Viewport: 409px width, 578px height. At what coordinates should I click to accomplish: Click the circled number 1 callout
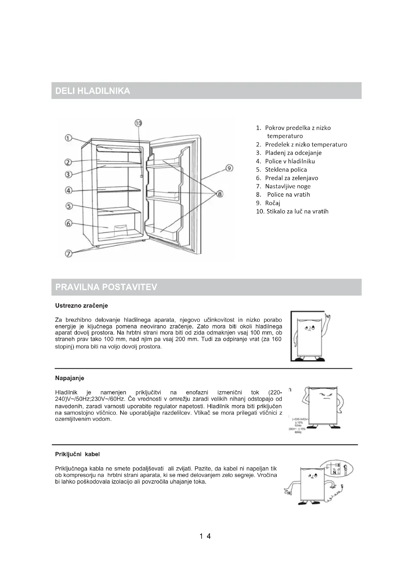[68, 138]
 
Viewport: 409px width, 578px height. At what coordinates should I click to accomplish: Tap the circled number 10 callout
[138, 123]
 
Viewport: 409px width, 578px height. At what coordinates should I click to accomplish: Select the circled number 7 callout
[68, 254]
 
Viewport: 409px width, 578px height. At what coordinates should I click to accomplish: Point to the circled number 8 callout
[220, 194]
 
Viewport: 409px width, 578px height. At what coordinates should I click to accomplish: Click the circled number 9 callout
[229, 168]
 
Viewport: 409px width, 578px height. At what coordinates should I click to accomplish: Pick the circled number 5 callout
[69, 206]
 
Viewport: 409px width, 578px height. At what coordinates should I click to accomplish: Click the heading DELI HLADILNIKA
[93, 91]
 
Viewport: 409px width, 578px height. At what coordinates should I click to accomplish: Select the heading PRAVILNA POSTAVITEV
[106, 287]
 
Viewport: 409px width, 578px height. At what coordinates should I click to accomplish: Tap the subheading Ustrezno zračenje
[81, 306]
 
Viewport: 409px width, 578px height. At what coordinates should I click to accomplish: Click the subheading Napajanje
[69, 378]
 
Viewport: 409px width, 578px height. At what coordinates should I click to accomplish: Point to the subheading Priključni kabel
[77, 454]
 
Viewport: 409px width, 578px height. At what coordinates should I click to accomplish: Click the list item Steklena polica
[286, 170]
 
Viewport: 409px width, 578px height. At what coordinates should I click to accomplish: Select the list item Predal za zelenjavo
[291, 178]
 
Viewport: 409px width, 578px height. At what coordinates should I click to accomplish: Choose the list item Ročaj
[273, 203]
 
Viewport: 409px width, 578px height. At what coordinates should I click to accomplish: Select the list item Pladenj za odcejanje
[293, 153]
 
